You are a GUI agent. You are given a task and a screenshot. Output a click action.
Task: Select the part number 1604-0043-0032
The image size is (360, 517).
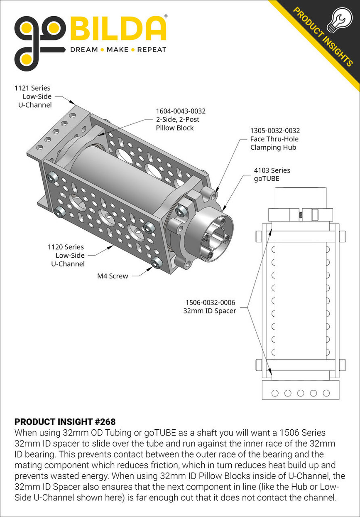point(181,111)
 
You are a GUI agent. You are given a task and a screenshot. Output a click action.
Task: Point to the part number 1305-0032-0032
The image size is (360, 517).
point(275,131)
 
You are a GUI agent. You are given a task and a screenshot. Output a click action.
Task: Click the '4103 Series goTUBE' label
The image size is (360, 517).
point(272,175)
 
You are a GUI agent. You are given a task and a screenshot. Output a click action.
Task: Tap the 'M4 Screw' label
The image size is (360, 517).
point(113,276)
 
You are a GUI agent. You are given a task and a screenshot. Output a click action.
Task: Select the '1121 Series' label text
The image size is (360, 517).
point(32,88)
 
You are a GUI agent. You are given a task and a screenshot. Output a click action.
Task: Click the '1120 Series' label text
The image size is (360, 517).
point(66,247)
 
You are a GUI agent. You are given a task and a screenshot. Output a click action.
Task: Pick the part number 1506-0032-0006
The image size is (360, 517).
point(210,302)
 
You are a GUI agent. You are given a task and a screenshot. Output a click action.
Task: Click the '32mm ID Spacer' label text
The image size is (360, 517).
point(210,310)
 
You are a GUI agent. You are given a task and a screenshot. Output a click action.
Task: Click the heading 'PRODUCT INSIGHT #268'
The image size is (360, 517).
point(65,422)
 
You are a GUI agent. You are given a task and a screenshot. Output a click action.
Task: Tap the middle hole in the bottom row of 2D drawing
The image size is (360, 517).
point(300,393)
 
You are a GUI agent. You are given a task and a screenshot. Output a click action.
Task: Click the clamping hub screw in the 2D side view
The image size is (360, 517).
point(300,215)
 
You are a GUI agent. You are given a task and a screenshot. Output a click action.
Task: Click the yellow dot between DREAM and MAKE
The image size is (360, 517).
point(102,50)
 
